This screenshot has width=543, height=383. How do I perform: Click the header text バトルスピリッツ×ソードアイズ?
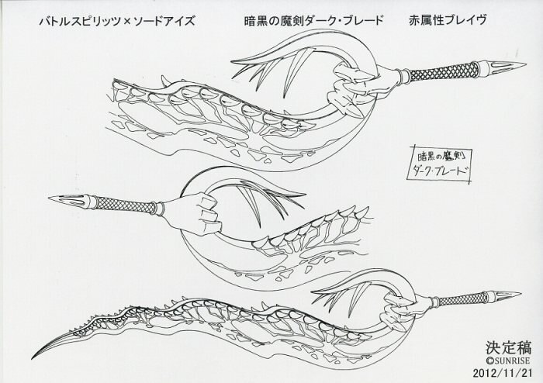click(116, 22)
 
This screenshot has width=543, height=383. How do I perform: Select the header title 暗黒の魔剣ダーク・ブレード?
click(313, 21)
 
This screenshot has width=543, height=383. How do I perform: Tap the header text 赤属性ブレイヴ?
click(448, 20)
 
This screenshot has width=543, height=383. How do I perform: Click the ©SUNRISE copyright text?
click(508, 361)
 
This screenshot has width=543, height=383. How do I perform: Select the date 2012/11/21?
click(502, 373)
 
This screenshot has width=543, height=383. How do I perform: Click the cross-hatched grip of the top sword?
click(444, 71)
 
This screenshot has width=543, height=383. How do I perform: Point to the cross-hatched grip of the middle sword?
click(126, 204)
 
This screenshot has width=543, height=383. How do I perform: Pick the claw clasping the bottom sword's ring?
click(395, 310)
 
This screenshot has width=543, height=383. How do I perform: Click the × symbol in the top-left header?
click(126, 22)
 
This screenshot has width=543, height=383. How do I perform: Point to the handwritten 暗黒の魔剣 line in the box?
click(438, 157)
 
